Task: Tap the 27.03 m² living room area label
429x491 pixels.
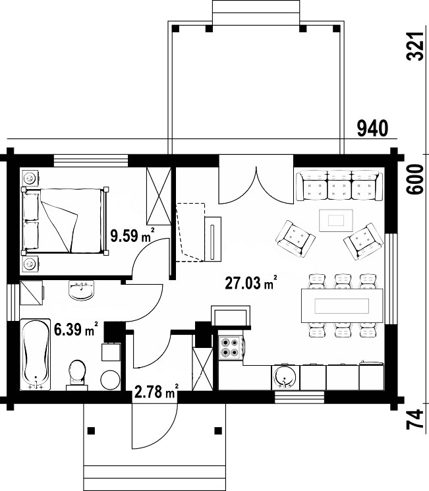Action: point(251,283)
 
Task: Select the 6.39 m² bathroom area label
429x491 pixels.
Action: point(76,329)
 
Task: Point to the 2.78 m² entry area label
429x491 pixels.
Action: point(157,391)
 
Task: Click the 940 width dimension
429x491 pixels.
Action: point(372,129)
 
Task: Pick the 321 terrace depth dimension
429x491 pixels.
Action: point(416,46)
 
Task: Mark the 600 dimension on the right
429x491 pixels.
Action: point(416,179)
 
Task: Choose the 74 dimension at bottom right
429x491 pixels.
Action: point(416,419)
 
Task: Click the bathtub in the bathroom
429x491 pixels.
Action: point(36,355)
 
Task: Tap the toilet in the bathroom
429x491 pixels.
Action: point(76,375)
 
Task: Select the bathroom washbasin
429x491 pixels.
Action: point(82,290)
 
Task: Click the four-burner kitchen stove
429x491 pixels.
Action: point(230,347)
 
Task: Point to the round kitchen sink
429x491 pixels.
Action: point(285,377)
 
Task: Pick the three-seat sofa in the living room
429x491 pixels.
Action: point(339,185)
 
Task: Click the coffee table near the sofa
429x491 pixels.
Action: point(336,220)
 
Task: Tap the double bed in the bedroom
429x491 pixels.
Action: point(65,220)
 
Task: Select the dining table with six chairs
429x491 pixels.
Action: point(342,306)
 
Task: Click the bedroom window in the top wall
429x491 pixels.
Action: point(91,160)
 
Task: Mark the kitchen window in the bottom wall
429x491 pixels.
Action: point(300,397)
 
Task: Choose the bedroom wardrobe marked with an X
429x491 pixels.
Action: point(159,196)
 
